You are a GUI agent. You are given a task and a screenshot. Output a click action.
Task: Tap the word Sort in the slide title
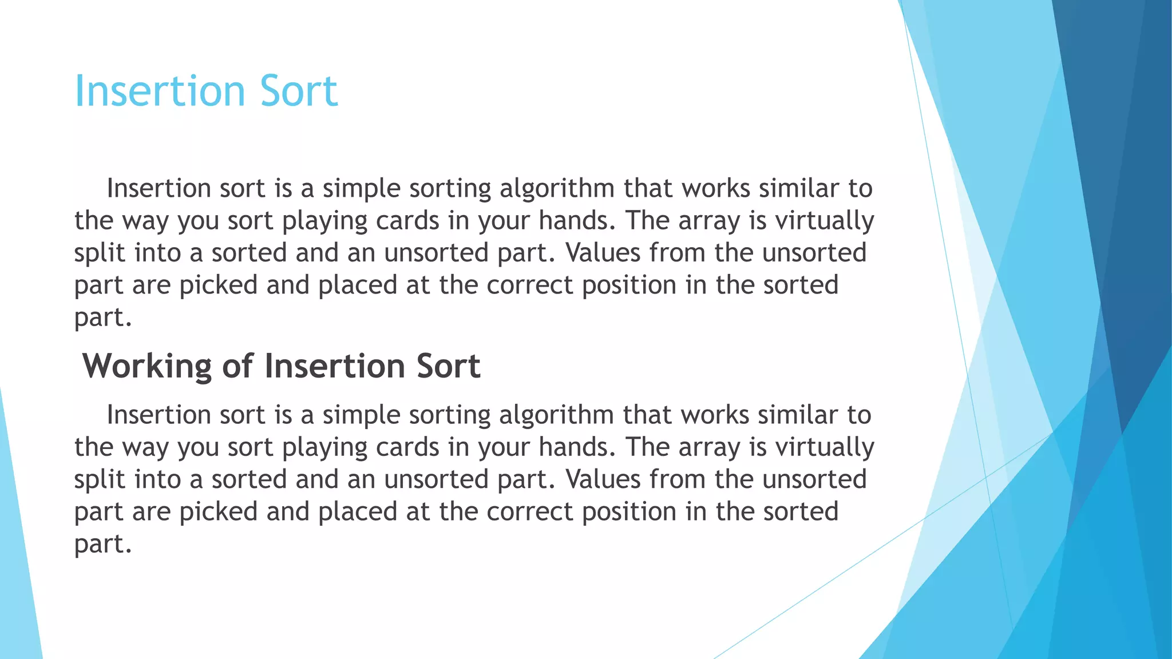pyautogui.click(x=299, y=90)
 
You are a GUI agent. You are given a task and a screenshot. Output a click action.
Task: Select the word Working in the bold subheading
pyautogui.click(x=147, y=366)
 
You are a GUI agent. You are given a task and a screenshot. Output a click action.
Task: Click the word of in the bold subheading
pyautogui.click(x=237, y=366)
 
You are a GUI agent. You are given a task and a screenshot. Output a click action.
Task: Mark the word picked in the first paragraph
pyautogui.click(x=219, y=285)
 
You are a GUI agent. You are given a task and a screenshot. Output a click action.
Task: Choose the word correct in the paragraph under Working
pyautogui.click(x=529, y=511)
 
